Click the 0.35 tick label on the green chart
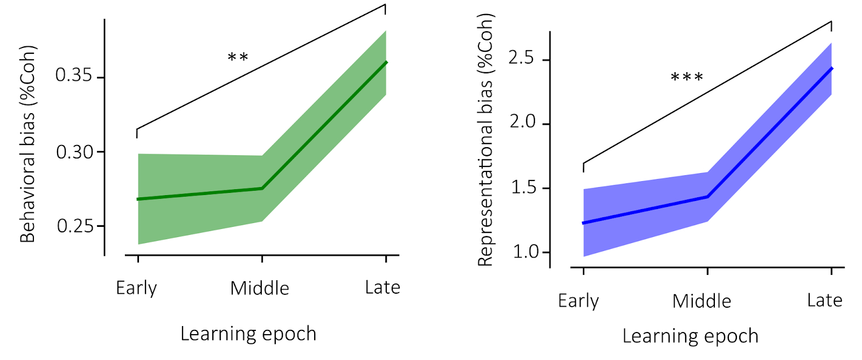point(74,75)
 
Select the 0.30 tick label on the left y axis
point(74,153)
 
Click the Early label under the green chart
point(136,288)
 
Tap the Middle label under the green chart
point(260,288)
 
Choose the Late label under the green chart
point(383,288)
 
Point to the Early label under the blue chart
point(578,301)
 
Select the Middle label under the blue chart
point(701,301)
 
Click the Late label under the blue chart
point(824,301)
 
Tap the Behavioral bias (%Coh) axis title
point(27,144)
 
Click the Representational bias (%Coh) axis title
point(485,140)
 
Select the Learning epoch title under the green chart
point(248,334)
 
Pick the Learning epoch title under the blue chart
point(690,336)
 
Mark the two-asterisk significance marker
point(238,57)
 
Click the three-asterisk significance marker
point(687,78)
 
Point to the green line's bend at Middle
point(262,188)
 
